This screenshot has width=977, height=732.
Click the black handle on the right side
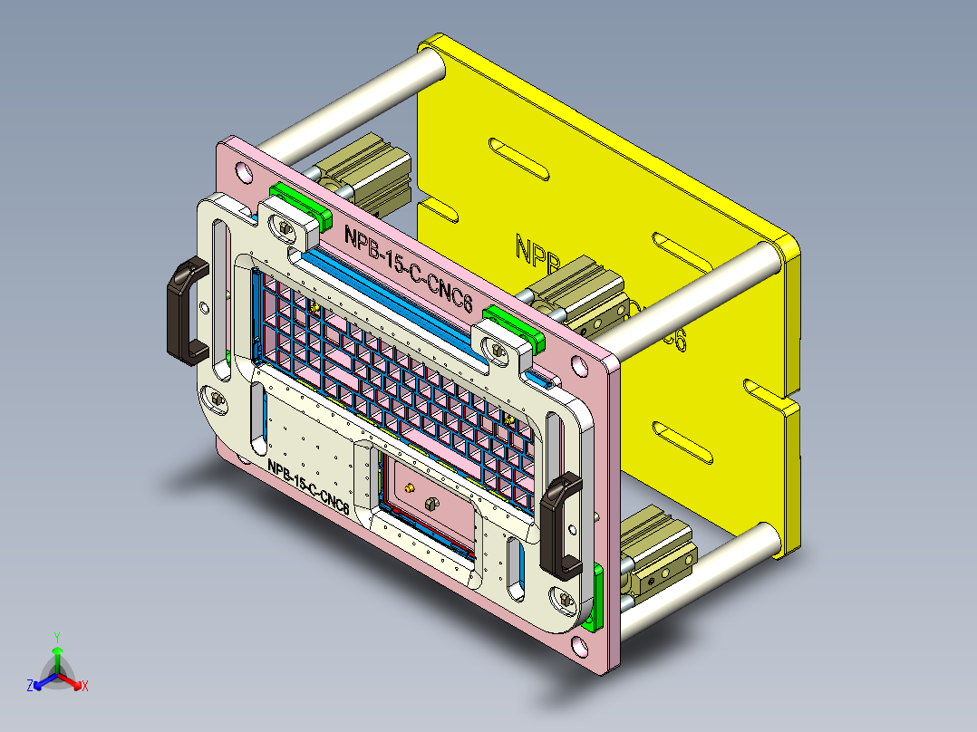(x=560, y=525)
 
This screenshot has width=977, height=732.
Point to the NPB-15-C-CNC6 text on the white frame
(x=308, y=486)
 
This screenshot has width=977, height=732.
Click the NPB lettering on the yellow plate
(x=536, y=252)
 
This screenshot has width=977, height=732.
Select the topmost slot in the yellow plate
(x=518, y=159)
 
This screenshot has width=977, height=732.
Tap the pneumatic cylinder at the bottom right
(x=658, y=548)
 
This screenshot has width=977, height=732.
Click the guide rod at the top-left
(x=353, y=102)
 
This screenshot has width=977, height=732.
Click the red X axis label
(x=85, y=686)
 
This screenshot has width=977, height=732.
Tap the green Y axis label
(x=56, y=637)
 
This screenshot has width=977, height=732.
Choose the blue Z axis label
(x=30, y=686)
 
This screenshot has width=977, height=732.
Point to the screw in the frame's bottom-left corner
(x=217, y=398)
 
